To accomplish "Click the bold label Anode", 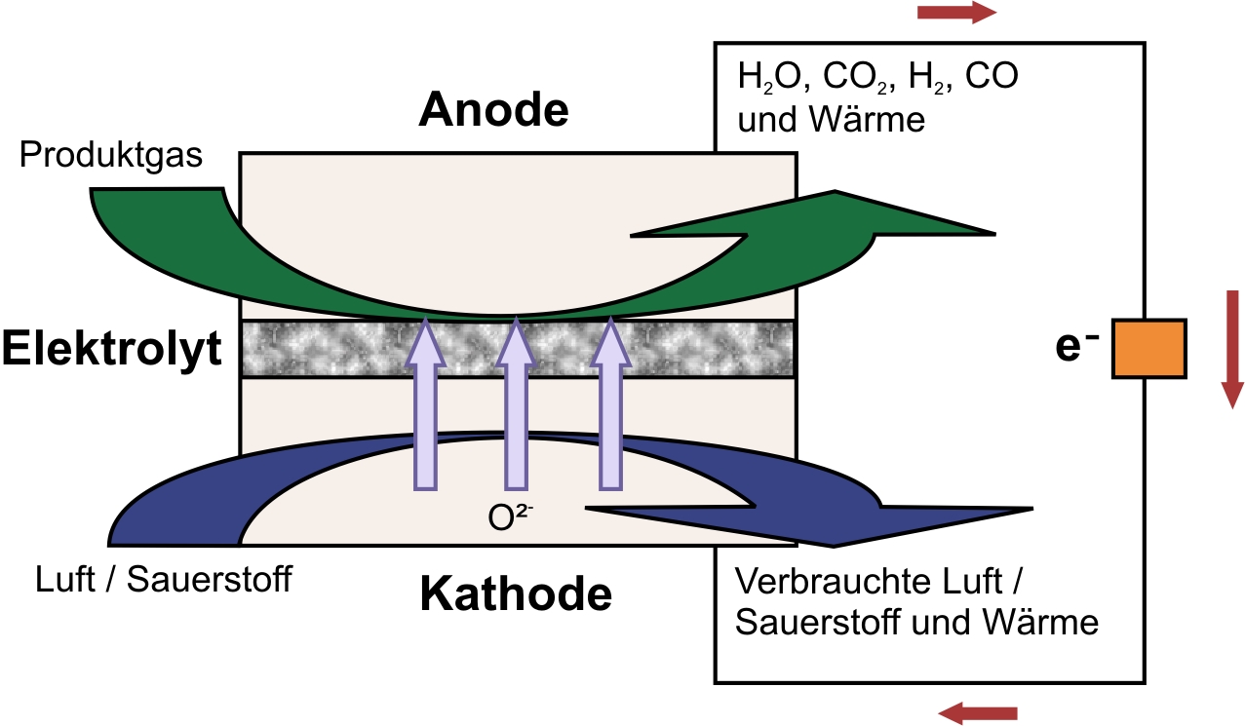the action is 493,109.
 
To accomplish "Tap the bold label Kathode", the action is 516,593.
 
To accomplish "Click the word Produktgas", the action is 111,155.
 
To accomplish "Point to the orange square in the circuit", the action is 1149,349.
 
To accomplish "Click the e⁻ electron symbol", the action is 1076,346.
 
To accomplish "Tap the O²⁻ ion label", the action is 510,516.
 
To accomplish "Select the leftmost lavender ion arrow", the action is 426,403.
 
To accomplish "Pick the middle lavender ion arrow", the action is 517,403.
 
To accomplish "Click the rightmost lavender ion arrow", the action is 611,403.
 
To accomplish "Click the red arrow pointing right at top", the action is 956,13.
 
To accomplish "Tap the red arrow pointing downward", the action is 1232,350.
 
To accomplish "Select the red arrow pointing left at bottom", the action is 978,713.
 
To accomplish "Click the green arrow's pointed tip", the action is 994,235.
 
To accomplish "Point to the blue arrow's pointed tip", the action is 1032,509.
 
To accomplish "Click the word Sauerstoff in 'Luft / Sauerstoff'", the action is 209,580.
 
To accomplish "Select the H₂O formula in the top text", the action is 769,77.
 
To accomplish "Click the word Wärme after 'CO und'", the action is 867,120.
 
